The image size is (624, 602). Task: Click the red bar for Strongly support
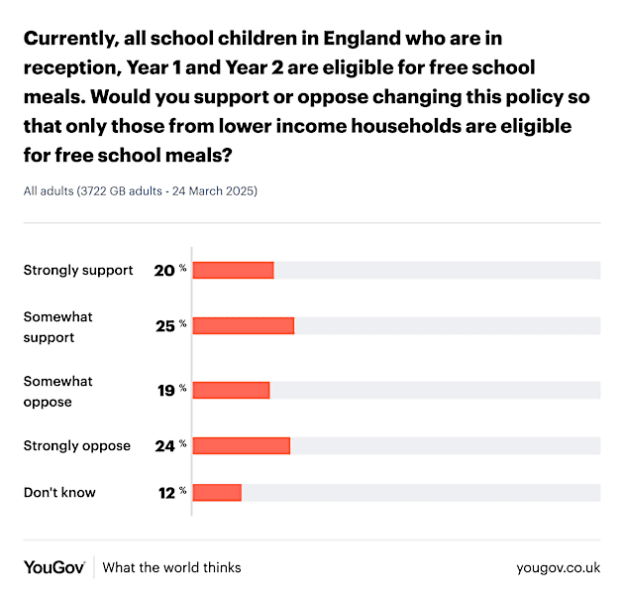tap(233, 270)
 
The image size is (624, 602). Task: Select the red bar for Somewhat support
tap(243, 325)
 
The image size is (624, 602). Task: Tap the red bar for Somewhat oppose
tap(231, 390)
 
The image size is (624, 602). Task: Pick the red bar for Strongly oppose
tap(241, 445)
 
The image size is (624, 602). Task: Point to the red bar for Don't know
tap(217, 492)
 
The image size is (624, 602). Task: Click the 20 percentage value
tap(163, 270)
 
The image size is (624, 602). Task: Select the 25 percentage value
tap(163, 325)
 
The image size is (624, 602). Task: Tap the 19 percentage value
tap(164, 390)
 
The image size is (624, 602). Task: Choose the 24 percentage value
tap(163, 445)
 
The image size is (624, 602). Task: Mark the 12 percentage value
tap(164, 492)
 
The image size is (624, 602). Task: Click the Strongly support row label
tap(78, 270)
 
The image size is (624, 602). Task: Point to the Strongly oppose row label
tap(77, 445)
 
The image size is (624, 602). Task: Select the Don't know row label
tap(59, 492)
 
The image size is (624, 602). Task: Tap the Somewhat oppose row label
tap(57, 392)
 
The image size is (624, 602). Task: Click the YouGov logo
tap(54, 567)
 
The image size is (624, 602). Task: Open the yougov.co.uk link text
tap(558, 567)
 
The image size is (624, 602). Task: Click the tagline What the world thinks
tap(171, 567)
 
